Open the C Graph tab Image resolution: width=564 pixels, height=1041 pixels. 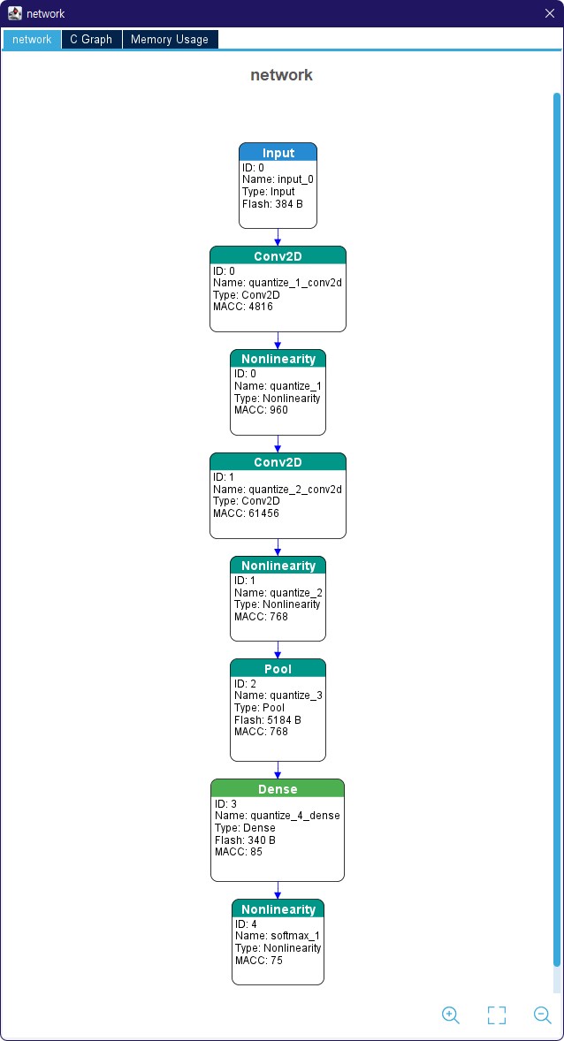click(91, 39)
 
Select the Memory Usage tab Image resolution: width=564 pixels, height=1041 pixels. click(170, 39)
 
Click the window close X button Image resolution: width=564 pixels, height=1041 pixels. click(549, 13)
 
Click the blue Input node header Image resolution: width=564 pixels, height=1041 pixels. click(278, 152)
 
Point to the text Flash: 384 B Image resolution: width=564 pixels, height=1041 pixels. click(272, 204)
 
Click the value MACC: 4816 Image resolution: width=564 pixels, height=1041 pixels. click(242, 307)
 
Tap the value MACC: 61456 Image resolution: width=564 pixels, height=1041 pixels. click(246, 513)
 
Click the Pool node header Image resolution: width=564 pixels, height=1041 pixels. click(278, 668)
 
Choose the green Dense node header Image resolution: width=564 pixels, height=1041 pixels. click(278, 789)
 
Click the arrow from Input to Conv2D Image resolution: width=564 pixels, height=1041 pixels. click(278, 237)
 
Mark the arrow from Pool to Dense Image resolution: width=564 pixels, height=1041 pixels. click(278, 770)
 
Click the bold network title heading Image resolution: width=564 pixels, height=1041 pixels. click(282, 75)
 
